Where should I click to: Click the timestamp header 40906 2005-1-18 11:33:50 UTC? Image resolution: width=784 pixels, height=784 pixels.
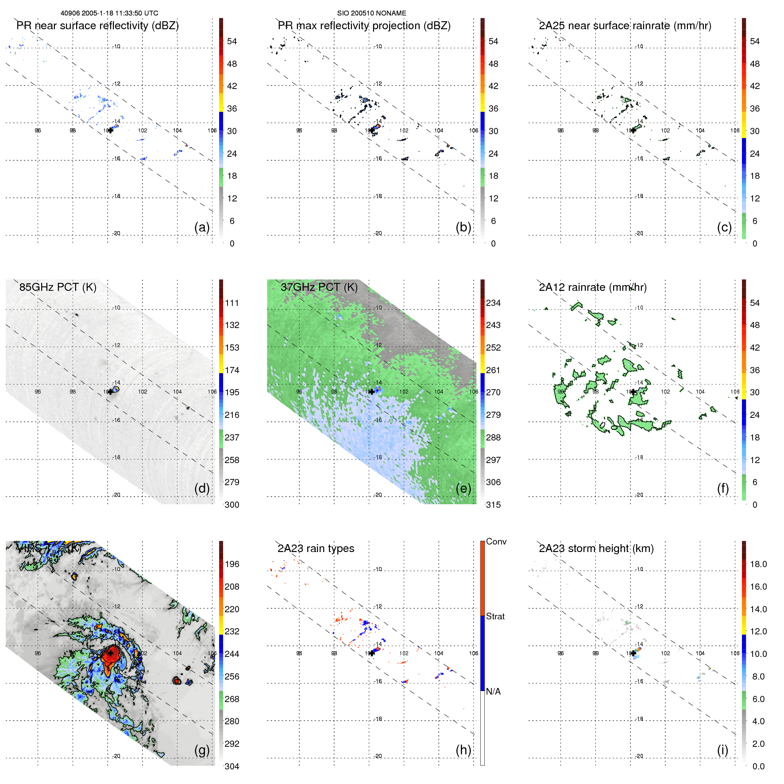(109, 13)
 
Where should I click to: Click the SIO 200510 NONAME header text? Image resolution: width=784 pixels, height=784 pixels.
(371, 13)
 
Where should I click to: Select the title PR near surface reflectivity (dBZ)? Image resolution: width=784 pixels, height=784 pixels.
(97, 26)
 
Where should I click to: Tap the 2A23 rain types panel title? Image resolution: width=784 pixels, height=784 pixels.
(316, 548)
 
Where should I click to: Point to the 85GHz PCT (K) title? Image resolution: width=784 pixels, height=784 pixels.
(58, 287)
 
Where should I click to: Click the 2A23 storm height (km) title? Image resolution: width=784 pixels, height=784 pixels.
(596, 548)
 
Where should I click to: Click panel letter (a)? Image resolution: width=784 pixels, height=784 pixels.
(202, 228)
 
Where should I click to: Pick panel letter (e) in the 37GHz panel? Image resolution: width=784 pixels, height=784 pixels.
(463, 489)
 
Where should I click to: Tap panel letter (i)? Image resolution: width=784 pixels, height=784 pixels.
(722, 750)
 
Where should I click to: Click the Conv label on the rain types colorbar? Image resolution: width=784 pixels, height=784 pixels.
(496, 541)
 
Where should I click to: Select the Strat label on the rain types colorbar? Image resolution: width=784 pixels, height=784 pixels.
(495, 616)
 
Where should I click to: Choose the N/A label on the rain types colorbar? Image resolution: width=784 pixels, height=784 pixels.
(493, 691)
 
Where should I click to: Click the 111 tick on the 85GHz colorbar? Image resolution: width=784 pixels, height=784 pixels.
(232, 303)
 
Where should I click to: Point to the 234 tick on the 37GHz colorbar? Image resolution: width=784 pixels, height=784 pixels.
(493, 303)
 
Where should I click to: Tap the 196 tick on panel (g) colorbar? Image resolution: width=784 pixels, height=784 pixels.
(232, 564)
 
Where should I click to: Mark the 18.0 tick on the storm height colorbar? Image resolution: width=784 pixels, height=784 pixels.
(758, 564)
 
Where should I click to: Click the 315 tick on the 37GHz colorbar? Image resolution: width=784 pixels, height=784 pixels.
(493, 505)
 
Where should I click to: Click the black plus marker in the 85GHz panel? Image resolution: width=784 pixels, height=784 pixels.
(110, 392)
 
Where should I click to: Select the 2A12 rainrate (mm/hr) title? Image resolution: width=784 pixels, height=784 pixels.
(592, 287)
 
